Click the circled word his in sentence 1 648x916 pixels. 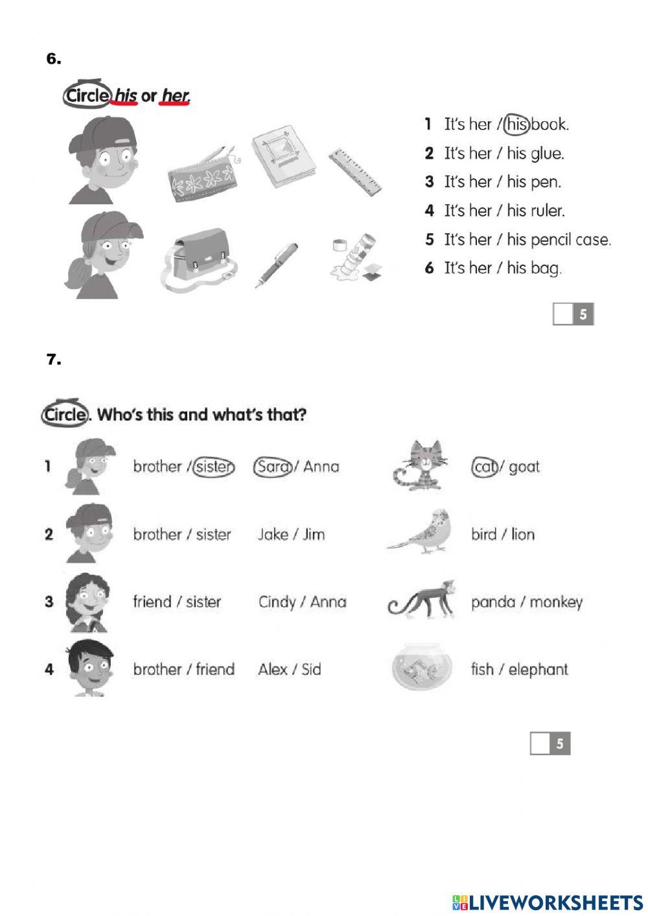coord(516,124)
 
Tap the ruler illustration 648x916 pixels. coord(354,172)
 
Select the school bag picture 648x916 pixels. coord(198,257)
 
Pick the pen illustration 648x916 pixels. coord(277,264)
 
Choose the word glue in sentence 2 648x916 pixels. coord(547,154)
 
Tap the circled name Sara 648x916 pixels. coord(272,467)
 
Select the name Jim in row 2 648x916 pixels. coord(314,535)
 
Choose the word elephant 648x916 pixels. coord(538,670)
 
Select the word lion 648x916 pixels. coord(523,535)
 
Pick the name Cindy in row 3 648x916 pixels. coord(277,602)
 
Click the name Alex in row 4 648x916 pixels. coord(273,670)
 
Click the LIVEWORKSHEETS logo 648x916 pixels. coord(548,902)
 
